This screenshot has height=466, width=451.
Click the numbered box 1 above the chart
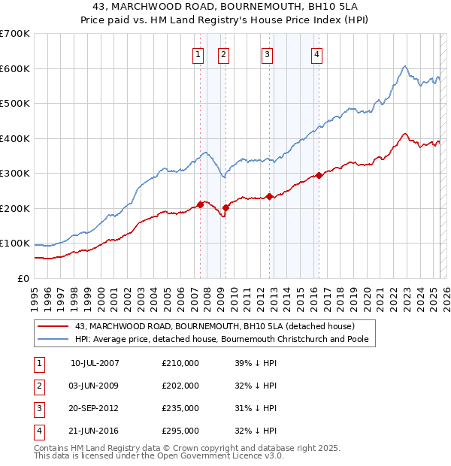(x=198, y=53)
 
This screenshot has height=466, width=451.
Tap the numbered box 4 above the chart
(x=317, y=53)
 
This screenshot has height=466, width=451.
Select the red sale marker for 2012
(x=269, y=196)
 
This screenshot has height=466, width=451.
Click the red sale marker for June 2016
(x=319, y=175)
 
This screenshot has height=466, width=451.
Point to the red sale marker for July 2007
(x=200, y=204)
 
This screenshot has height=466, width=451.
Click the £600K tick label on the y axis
(x=15, y=68)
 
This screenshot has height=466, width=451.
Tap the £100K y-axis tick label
(x=15, y=244)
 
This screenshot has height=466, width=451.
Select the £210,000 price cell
(x=180, y=362)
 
